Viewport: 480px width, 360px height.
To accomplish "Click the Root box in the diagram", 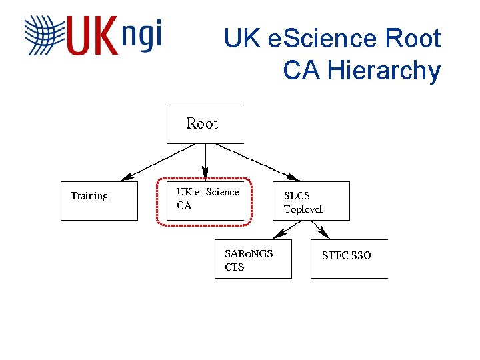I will pyautogui.click(x=205, y=124).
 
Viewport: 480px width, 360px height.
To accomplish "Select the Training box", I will pyautogui.click(x=99, y=201).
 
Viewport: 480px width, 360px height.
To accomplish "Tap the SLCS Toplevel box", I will pyautogui.click(x=311, y=201).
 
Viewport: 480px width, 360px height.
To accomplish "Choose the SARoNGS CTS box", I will pyautogui.click(x=253, y=259).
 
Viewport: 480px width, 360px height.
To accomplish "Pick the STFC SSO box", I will pyautogui.click(x=349, y=259).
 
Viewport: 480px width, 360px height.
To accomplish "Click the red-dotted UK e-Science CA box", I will pyautogui.click(x=204, y=201).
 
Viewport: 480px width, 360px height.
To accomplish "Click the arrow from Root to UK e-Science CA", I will pyautogui.click(x=205, y=162).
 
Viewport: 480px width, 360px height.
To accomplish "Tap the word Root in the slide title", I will pyautogui.click(x=413, y=39).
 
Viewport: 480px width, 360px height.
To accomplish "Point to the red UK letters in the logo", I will pyautogui.click(x=92, y=36).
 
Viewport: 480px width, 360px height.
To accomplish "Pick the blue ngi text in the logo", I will pyautogui.click(x=142, y=35).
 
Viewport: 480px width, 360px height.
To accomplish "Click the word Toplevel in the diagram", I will pyautogui.click(x=303, y=209).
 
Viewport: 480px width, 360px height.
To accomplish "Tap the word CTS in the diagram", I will pyautogui.click(x=235, y=267).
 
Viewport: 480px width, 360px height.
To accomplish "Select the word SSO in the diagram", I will pyautogui.click(x=361, y=255).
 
